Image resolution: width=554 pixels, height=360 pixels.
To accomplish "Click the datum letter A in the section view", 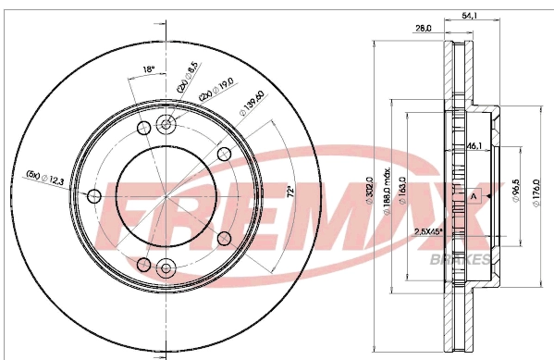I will tap(473, 196).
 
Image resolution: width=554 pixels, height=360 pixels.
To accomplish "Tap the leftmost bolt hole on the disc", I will tap(92, 196).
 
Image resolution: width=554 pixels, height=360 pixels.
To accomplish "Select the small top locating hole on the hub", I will tap(166, 125).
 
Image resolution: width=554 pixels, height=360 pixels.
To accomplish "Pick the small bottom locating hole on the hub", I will tap(166, 268).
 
